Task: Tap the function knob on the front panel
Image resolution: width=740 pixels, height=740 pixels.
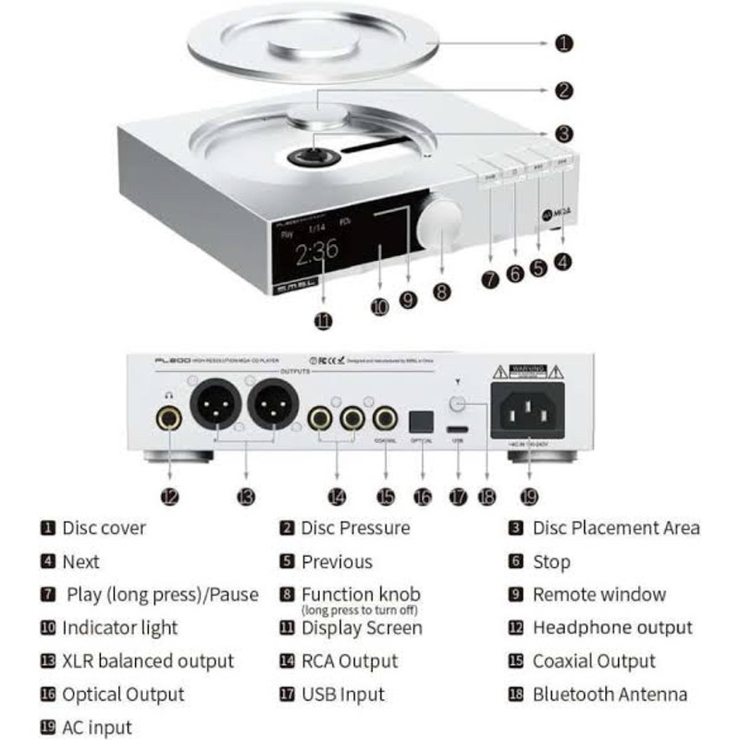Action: [x=438, y=221]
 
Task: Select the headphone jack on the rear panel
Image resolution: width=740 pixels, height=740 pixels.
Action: [x=168, y=418]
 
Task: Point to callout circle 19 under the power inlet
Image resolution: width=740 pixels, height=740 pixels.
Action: [x=528, y=497]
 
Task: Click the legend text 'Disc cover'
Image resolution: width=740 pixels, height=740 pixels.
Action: [x=104, y=528]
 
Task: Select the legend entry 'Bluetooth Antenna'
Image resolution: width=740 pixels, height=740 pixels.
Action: [x=610, y=694]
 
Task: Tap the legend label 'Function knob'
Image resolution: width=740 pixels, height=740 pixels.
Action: [x=361, y=594]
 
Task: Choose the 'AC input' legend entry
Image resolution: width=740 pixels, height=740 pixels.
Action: [x=97, y=727]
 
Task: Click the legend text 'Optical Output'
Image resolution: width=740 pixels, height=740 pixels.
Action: [x=123, y=694]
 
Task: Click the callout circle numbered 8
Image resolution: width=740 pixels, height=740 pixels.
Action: [x=442, y=290]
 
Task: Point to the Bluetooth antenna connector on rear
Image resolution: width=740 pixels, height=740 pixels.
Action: [x=457, y=403]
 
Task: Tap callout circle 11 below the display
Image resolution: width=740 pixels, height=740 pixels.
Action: [x=323, y=321]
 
